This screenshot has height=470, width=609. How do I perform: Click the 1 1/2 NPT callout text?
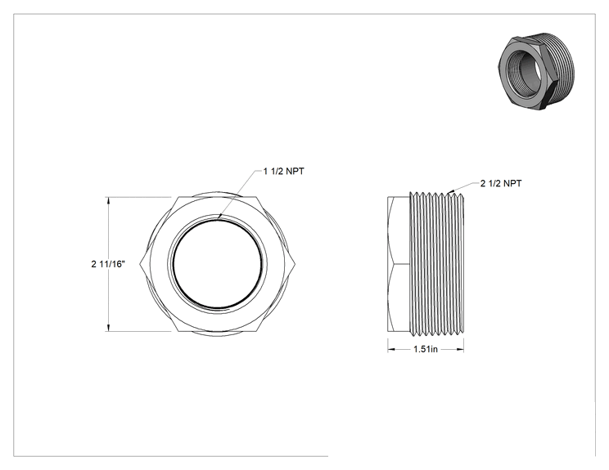283,171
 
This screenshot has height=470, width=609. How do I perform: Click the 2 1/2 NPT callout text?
501,183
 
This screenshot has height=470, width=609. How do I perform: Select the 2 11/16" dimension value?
108,264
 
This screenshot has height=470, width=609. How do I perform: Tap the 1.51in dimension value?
426,349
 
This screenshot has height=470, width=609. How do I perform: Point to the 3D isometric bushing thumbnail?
535,71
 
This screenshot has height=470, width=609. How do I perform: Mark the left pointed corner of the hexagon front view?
139,265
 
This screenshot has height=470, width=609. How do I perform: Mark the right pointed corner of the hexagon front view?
295,265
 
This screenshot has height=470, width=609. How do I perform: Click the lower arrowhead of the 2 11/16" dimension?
108,327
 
